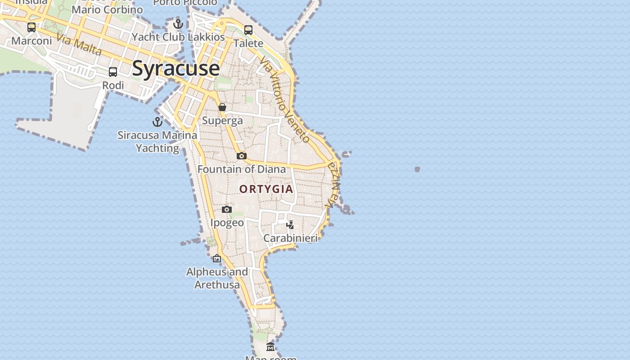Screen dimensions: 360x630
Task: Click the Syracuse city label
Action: pos(176,68)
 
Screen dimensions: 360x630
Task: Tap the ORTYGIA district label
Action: pos(266,189)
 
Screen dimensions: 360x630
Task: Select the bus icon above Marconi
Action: pos(31,27)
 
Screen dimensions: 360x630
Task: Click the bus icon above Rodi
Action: pos(113,72)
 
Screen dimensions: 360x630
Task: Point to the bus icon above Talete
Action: pos(248,30)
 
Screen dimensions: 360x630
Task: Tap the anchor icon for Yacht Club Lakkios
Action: pos(178,23)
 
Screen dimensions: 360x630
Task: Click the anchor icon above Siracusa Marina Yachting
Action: pos(157,122)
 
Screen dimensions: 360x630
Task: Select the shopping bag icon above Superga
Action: pos(222,107)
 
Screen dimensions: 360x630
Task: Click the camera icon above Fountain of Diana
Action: pos(242,156)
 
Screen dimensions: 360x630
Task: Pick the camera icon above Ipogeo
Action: pos(227,209)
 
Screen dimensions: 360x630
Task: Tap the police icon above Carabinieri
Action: pos(290,225)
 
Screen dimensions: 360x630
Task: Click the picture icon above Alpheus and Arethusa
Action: pos(217,258)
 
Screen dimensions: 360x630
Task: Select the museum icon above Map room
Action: pos(270,347)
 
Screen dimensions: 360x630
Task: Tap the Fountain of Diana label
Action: pos(242,169)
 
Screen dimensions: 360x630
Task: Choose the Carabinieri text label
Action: pos(290,238)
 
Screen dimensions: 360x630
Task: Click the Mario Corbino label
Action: pos(107,9)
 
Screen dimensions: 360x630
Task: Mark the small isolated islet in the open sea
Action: pos(417,169)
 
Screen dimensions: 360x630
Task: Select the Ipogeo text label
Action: pos(227,223)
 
